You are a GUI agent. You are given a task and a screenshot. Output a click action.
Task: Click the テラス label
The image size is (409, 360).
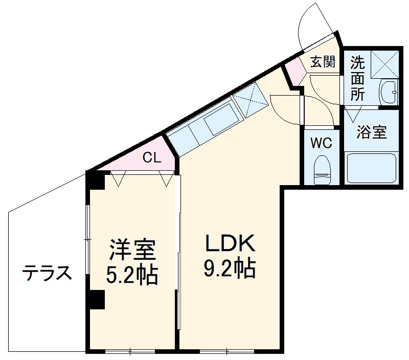46,274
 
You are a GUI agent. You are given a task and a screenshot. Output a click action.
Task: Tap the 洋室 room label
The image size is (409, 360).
131,250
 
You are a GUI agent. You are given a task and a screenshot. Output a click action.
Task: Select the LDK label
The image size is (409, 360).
230,244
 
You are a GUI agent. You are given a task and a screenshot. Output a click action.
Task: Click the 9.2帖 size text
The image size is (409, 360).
230,269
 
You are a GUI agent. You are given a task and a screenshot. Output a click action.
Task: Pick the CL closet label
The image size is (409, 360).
151,157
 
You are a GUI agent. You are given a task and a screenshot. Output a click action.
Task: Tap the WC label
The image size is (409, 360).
322,143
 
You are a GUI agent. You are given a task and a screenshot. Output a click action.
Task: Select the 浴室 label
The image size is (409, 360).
371,132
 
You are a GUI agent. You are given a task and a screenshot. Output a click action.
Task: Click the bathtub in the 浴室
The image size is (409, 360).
372,168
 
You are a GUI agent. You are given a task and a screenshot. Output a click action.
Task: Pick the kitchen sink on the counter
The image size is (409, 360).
220,120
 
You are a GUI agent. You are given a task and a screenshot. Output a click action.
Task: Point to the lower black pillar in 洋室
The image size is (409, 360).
96,300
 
